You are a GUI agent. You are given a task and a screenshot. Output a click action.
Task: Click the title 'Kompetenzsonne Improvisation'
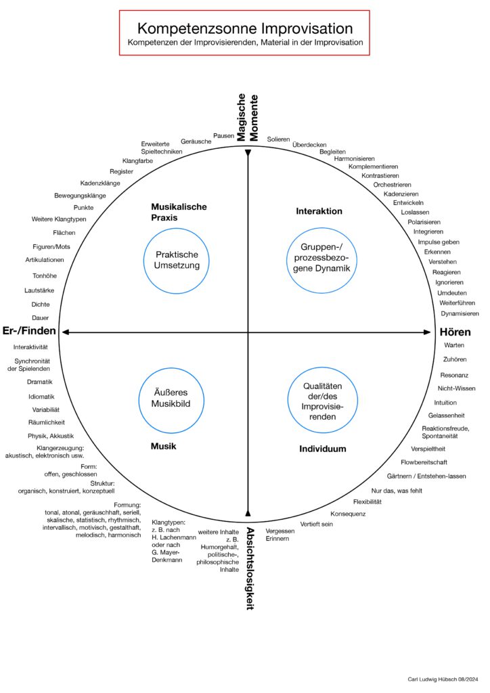click(x=244, y=28)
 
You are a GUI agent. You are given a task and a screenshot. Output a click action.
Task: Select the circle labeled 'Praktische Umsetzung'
click(x=177, y=261)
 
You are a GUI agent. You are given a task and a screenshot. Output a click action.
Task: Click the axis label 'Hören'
click(x=455, y=332)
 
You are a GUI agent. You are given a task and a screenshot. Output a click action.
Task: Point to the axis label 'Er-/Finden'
click(x=29, y=331)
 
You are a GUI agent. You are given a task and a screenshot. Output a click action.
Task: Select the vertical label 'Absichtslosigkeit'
click(x=250, y=568)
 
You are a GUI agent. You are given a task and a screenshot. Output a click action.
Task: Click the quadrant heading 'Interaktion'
click(x=319, y=211)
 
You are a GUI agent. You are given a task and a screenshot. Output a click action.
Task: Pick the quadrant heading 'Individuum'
click(x=323, y=449)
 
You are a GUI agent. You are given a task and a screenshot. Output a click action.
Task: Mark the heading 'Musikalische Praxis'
click(x=179, y=212)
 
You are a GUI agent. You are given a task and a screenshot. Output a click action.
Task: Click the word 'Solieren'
click(x=278, y=139)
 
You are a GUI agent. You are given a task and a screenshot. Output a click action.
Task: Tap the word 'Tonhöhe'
click(x=45, y=275)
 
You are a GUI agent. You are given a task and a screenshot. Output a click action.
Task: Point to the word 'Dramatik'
click(x=40, y=382)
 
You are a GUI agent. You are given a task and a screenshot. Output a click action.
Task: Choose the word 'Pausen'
click(x=223, y=135)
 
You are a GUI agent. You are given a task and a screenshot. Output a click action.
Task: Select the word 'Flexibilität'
click(x=367, y=501)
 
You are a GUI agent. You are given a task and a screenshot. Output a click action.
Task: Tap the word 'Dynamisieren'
click(x=460, y=313)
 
